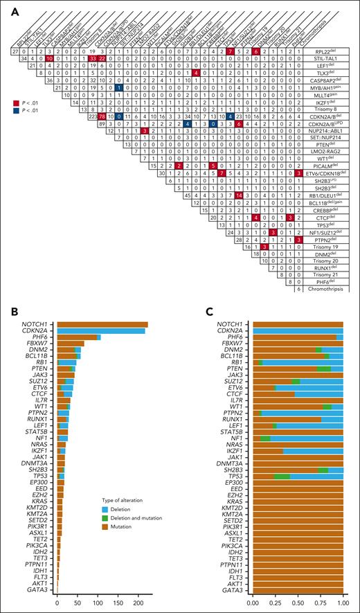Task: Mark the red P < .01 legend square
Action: [6, 101]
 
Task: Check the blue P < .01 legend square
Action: [6, 111]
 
